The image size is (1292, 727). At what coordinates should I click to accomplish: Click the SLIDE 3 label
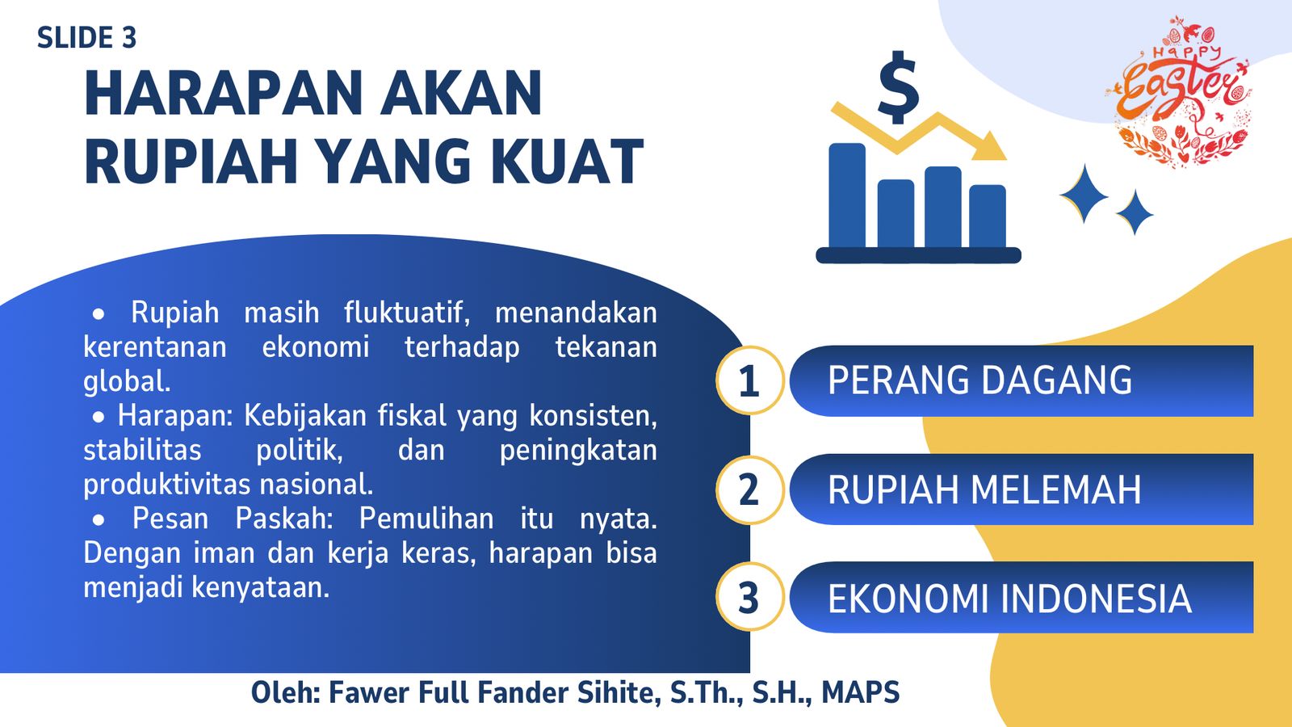point(86,38)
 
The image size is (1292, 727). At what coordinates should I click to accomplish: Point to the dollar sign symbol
point(898,87)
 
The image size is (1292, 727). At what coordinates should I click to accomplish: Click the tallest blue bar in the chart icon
point(847,195)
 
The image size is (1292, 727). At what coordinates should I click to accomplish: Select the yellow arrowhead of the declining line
point(989,146)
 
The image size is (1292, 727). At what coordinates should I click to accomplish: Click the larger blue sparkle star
point(1084,194)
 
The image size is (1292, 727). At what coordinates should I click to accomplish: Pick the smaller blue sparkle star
point(1135,212)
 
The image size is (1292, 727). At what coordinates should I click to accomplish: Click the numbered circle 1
point(749,380)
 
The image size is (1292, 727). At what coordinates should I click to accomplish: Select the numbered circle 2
point(749,490)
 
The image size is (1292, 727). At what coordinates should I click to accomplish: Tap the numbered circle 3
point(749,597)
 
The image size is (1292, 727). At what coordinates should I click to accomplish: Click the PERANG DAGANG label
point(979,380)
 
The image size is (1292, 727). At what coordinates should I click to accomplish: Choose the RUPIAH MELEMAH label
point(984,490)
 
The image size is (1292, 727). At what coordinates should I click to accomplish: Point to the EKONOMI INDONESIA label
point(1009,598)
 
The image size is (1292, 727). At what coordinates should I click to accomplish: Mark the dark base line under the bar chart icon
point(918,255)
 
